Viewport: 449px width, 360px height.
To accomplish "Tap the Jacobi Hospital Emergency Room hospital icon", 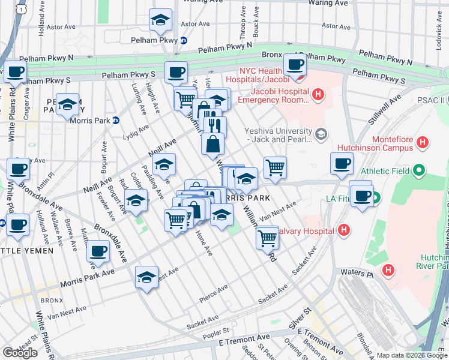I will coord(318,94).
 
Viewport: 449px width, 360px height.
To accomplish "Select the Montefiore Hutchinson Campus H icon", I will coord(423,142).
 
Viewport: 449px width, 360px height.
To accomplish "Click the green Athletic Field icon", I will coord(421,171).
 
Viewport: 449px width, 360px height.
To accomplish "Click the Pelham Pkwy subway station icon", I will coord(184,40).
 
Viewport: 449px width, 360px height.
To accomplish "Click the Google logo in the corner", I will coord(20,353).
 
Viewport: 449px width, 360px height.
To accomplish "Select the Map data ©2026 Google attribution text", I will coord(412,355).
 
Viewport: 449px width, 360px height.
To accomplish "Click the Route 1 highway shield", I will coord(22,8).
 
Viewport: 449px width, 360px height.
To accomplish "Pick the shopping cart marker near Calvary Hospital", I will coord(267,238).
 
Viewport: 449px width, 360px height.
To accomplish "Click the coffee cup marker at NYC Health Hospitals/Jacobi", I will coord(294,65).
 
